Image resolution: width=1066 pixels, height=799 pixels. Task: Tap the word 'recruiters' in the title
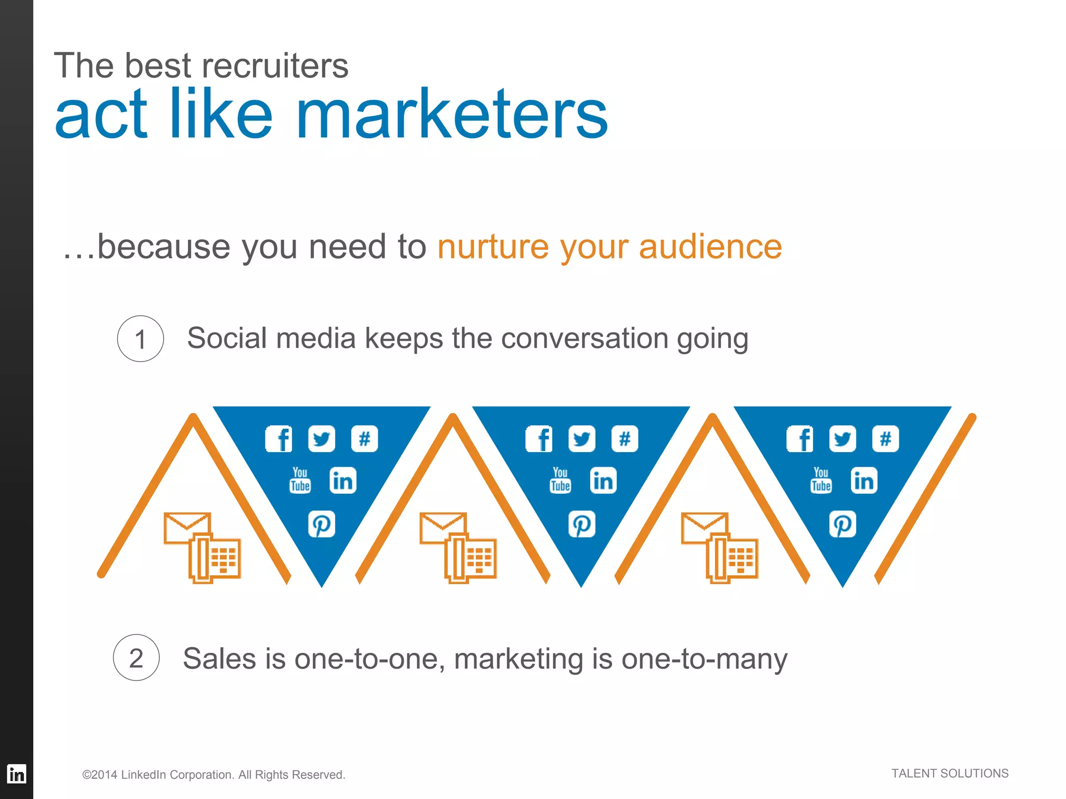point(275,66)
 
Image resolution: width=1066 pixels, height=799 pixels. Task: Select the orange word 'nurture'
point(492,247)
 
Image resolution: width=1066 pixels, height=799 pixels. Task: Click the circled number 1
point(140,339)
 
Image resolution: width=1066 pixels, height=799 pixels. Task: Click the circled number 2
point(136,658)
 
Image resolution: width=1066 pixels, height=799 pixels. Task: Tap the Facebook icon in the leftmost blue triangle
point(279,439)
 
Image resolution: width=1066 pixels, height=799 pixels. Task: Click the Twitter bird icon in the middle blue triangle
point(581,439)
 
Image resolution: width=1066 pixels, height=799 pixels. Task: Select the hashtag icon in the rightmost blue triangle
point(885,439)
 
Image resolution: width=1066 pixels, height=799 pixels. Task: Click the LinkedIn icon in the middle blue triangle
point(603,480)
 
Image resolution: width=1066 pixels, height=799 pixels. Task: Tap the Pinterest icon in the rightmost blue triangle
point(842,524)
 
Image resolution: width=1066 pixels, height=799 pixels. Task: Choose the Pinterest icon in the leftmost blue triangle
point(321,524)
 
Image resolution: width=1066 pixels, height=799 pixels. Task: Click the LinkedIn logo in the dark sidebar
point(17,774)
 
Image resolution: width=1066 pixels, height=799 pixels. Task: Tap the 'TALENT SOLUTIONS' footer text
point(949,774)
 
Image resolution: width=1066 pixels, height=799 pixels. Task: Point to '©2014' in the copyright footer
point(100,775)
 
